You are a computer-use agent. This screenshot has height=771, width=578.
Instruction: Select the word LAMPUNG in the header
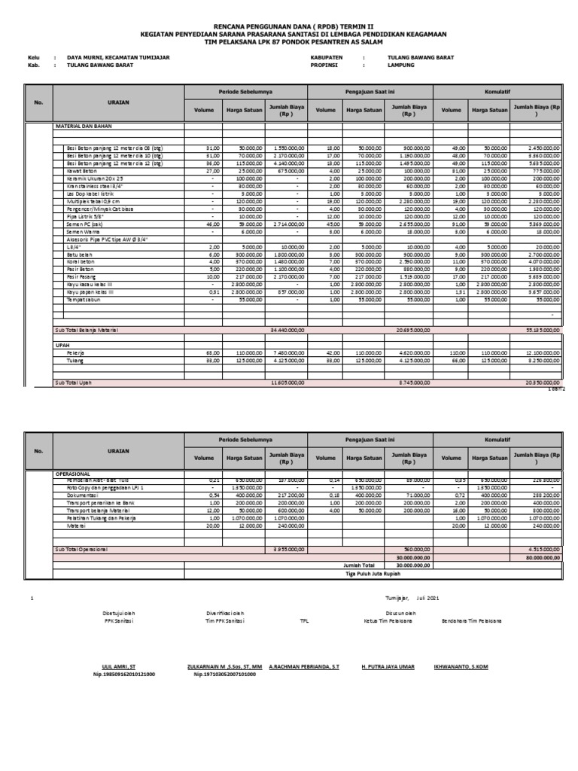tap(401, 66)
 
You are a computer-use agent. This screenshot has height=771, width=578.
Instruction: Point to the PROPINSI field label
tap(326, 66)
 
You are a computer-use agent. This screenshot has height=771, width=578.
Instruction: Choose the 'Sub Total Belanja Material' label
tap(87, 330)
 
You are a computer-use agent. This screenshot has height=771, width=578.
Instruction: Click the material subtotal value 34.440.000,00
tap(287, 330)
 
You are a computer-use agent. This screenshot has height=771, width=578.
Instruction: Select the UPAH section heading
tap(62, 345)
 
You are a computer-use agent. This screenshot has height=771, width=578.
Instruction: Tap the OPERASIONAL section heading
tap(73, 474)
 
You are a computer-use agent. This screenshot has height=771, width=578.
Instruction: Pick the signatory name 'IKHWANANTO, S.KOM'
tap(461, 667)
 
